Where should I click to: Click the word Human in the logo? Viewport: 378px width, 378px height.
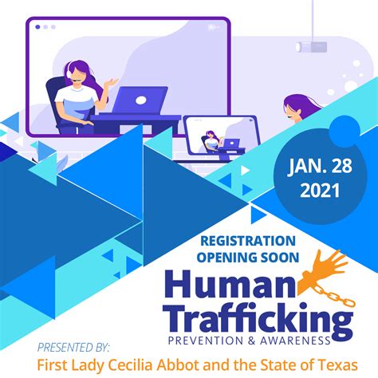point(230,285)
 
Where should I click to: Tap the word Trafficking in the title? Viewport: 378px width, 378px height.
point(258,320)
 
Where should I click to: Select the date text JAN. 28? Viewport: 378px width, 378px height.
point(320,166)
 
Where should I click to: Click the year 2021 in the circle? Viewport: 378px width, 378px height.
point(320,191)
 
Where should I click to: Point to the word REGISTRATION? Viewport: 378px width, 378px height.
point(248,241)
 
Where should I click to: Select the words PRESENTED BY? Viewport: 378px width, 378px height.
point(73,348)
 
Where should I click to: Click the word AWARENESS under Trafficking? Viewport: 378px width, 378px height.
point(295,341)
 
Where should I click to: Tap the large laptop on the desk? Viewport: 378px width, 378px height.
point(140,100)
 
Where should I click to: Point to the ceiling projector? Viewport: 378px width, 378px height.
point(311,47)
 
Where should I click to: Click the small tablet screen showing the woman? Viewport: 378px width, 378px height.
point(221,135)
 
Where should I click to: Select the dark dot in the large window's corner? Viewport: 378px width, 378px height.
point(37,27)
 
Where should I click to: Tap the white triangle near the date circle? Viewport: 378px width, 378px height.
point(245,170)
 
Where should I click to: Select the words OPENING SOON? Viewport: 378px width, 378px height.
point(248,258)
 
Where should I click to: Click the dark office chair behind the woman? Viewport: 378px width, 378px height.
point(54,101)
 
